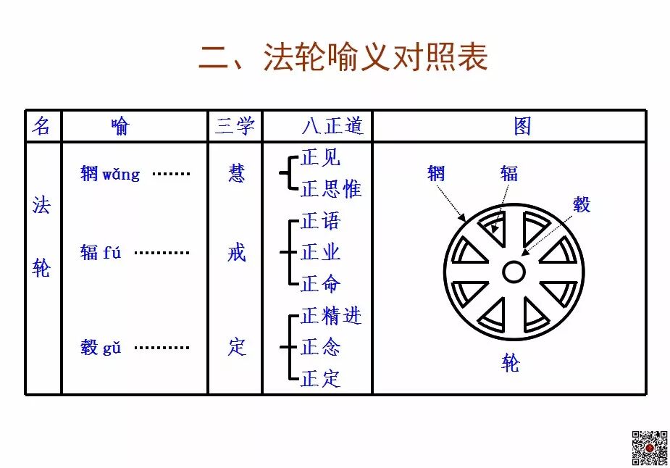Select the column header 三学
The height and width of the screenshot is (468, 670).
[235, 127]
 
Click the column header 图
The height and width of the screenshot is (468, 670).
[522, 127]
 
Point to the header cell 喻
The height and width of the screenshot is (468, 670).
[120, 127]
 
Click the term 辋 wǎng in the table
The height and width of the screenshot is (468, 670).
[110, 174]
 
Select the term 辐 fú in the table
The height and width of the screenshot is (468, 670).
[101, 253]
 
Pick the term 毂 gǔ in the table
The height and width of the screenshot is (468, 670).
[101, 348]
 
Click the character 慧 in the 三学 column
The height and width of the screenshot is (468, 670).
[236, 173]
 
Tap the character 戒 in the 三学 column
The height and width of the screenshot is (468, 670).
[236, 253]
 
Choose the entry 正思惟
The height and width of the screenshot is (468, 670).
[330, 190]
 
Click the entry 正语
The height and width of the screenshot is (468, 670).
[320, 221]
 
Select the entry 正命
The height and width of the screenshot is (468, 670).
[320, 283]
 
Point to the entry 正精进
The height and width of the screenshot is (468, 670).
[330, 316]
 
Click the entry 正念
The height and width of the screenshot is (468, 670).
[320, 348]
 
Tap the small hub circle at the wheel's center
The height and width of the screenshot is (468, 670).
[514, 272]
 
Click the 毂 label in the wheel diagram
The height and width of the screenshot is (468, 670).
[582, 204]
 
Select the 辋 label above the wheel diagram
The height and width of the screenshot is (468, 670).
[436, 173]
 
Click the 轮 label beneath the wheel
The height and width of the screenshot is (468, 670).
[511, 364]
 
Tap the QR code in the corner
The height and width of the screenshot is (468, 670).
[649, 448]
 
